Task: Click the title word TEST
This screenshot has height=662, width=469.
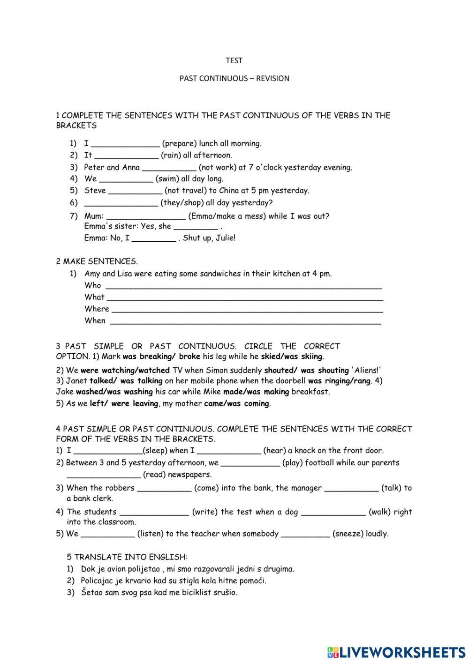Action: (x=234, y=60)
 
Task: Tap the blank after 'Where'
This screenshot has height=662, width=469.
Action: (x=247, y=310)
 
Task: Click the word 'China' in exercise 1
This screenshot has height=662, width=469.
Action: (x=229, y=191)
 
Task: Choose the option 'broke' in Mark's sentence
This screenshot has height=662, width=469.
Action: (x=189, y=357)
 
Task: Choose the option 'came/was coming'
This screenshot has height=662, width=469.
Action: (x=237, y=403)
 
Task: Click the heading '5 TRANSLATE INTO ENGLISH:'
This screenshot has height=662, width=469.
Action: (x=127, y=557)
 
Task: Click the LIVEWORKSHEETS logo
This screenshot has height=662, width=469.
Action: (x=396, y=652)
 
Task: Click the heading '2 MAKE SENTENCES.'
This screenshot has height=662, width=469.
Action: (x=97, y=261)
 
